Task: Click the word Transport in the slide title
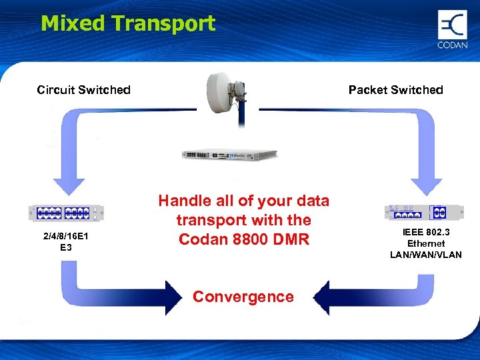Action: click(163, 23)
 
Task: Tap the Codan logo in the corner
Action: click(452, 29)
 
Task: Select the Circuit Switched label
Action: click(83, 90)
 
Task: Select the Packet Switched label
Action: click(395, 90)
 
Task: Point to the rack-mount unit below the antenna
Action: click(229, 155)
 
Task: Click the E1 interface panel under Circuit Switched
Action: click(66, 213)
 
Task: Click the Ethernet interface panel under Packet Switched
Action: click(424, 213)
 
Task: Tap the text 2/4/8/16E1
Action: click(66, 237)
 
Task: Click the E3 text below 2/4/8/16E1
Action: click(66, 248)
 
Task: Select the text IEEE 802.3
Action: click(426, 233)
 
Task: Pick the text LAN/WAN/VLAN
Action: click(426, 255)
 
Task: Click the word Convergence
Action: click(243, 297)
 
